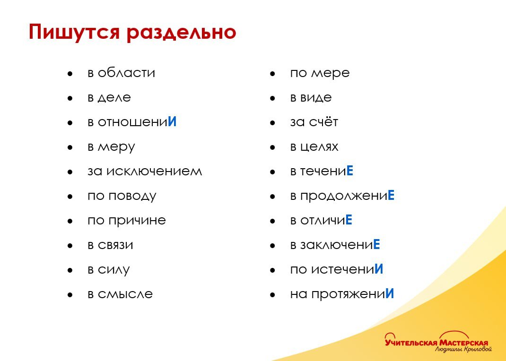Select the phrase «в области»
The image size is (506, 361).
pyautogui.click(x=121, y=73)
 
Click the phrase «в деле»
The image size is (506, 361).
pyautogui.click(x=109, y=98)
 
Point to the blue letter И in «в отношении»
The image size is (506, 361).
pyautogui.click(x=172, y=122)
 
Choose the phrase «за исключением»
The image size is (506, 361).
pyautogui.click(x=145, y=171)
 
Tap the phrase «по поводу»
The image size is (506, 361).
pyautogui.click(x=122, y=196)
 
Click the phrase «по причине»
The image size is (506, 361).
pyautogui.click(x=127, y=220)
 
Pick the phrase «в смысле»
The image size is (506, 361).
pyautogui.click(x=120, y=294)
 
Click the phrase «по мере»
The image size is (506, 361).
pyautogui.click(x=320, y=73)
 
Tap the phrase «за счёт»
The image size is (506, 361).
pyautogui.click(x=314, y=122)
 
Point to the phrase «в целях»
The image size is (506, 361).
pyautogui.click(x=314, y=146)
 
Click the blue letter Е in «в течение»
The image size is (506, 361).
pyautogui.click(x=350, y=171)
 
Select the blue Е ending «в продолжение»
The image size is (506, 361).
pyautogui.click(x=391, y=196)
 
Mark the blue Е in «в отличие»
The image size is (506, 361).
pyautogui.click(x=349, y=220)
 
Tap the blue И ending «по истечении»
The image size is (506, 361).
pyautogui.click(x=379, y=269)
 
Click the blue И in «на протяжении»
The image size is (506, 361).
pyautogui.click(x=390, y=294)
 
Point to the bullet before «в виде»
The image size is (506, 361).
pyautogui.click(x=272, y=98)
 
